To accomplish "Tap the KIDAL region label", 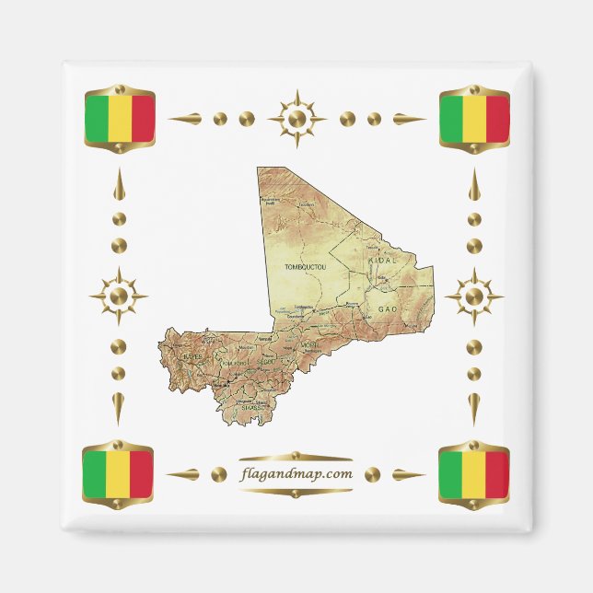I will click(x=382, y=262).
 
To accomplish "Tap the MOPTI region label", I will click(x=309, y=346).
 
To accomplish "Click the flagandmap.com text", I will click(x=295, y=474).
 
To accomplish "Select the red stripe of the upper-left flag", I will click(x=143, y=117).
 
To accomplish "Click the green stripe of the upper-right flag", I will click(x=449, y=117).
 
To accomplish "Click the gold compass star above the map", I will click(x=296, y=118).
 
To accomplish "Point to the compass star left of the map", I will click(x=118, y=296).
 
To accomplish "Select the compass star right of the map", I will click(x=473, y=296).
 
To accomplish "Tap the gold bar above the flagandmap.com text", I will click(x=295, y=457).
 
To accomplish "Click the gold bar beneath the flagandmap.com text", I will click(x=295, y=491).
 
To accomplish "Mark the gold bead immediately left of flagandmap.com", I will click(x=218, y=474).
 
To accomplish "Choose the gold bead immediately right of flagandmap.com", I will click(x=372, y=474).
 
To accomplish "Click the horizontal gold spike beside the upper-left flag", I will click(x=183, y=119).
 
